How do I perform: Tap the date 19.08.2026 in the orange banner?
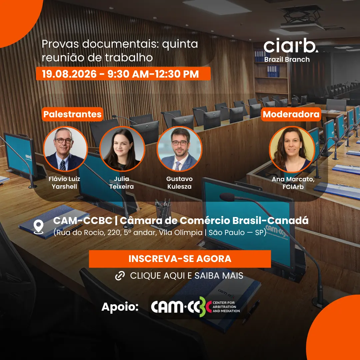[69, 74]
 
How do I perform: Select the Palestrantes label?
[72, 114]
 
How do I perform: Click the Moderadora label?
[291, 114]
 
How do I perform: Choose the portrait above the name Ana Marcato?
[292, 149]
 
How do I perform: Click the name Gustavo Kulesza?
[179, 183]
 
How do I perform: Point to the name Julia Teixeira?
[121, 183]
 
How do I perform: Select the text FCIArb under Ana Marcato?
[293, 187]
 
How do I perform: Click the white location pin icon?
[39, 227]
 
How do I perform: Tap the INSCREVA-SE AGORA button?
[180, 259]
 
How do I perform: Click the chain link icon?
[120, 276]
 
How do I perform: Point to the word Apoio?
[120, 307]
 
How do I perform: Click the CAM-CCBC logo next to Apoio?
[195, 307]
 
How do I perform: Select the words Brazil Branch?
[287, 59]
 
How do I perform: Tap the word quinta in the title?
[180, 44]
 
